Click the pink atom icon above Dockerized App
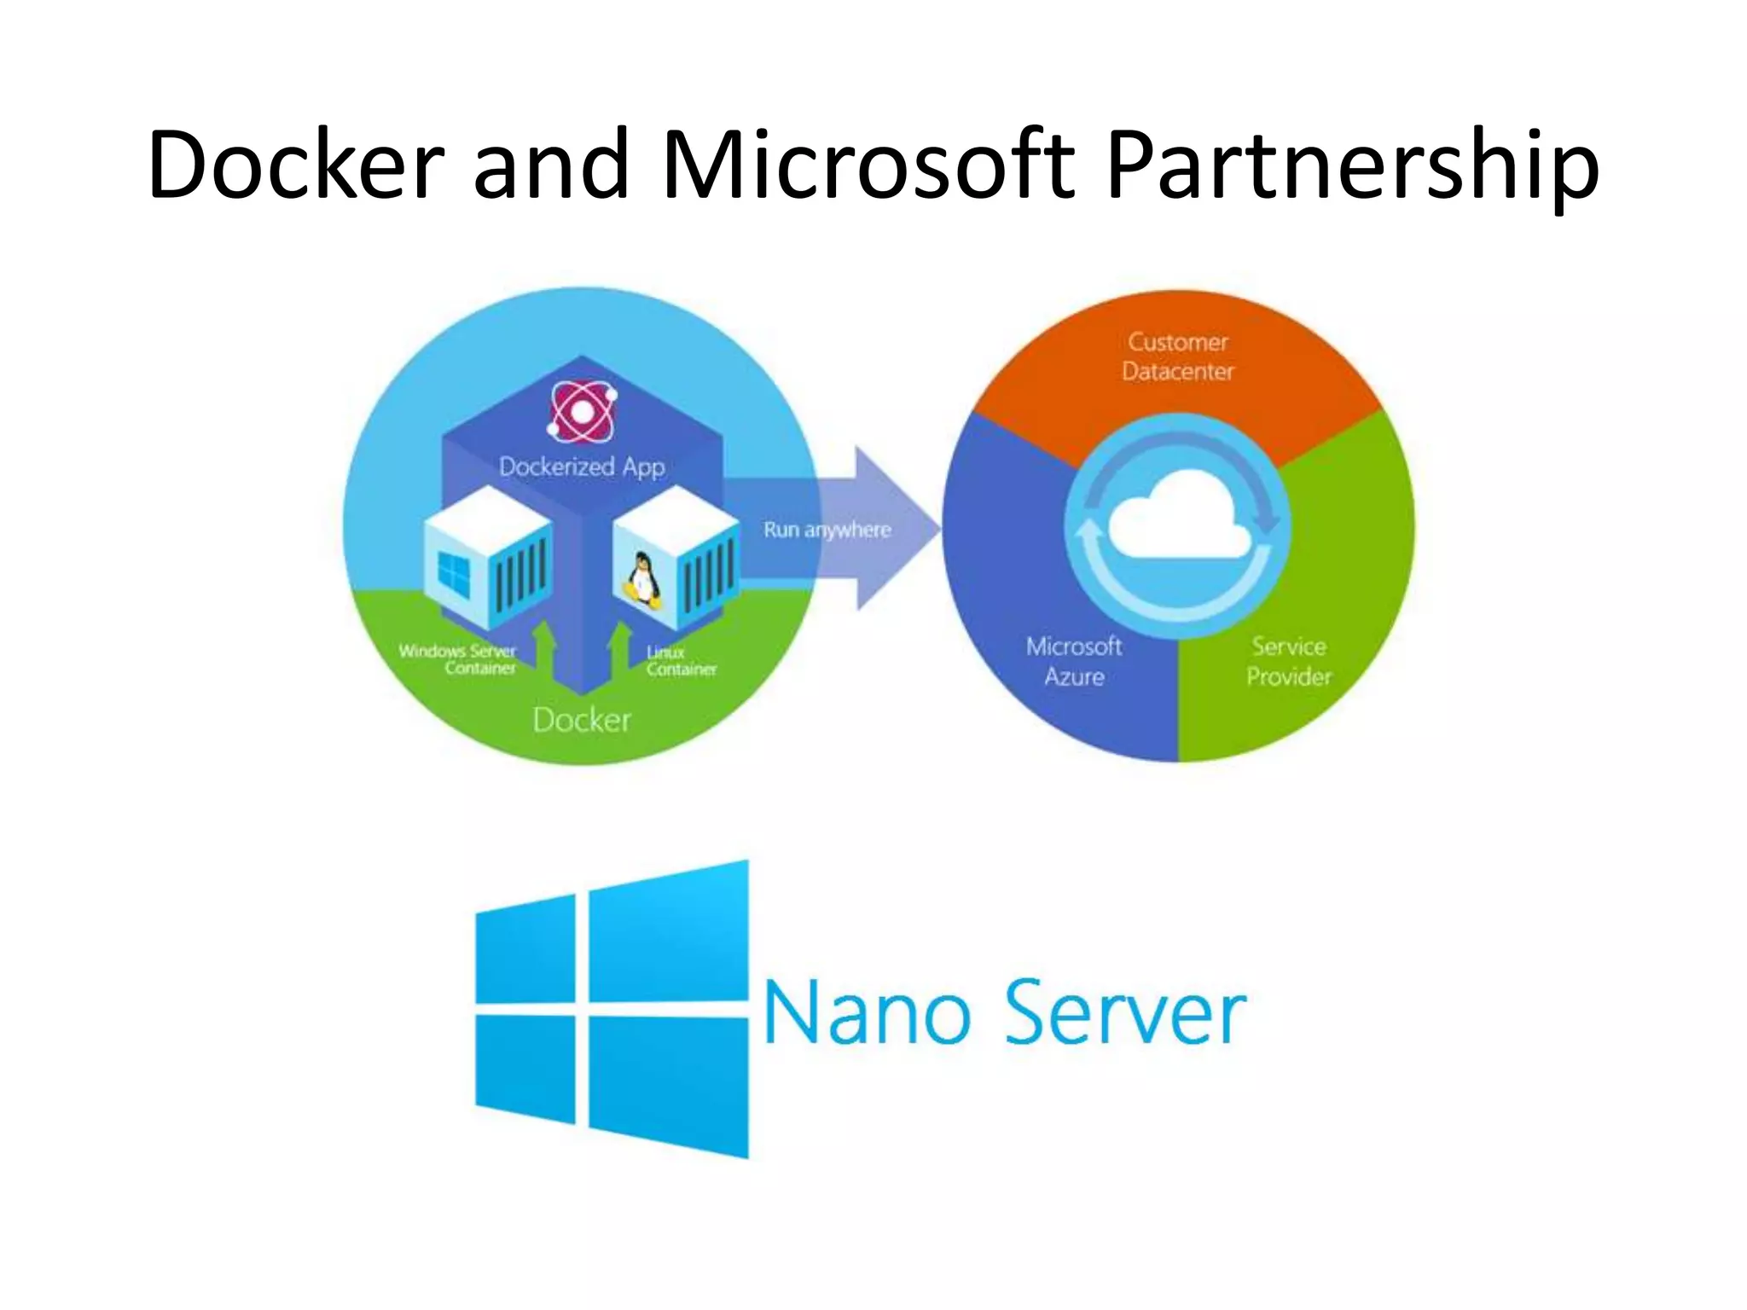[582, 412]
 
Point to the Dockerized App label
[582, 467]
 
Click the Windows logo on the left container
[454, 572]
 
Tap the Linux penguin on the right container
[641, 579]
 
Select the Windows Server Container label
[458, 658]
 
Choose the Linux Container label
[680, 661]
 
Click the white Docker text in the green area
[582, 721]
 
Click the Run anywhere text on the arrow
[827, 530]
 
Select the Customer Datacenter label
[1178, 356]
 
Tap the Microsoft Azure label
[1074, 661]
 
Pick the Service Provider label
[1288, 661]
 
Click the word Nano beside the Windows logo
[868, 1013]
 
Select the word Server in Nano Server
[1126, 1013]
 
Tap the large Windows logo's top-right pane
[668, 932]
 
